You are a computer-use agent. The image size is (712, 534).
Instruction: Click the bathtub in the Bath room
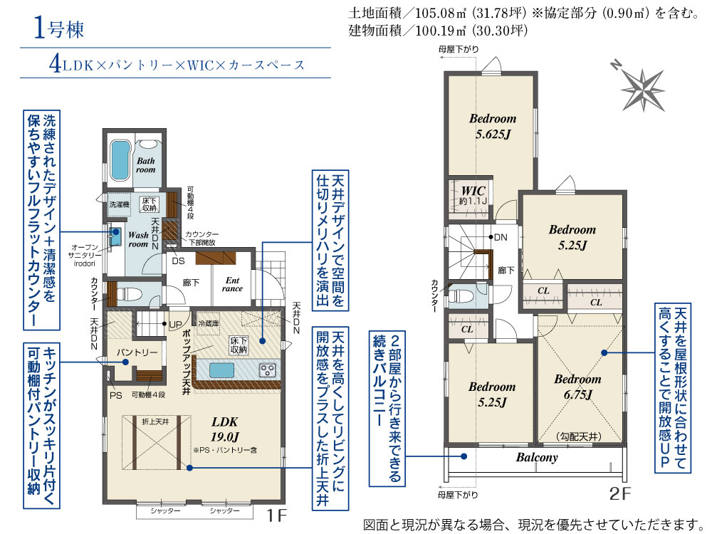(x=120, y=162)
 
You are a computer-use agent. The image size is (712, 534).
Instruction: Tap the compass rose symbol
(x=642, y=90)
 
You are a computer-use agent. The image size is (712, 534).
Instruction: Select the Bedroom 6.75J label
(x=577, y=387)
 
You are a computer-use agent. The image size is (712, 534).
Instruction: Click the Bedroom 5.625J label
(x=493, y=126)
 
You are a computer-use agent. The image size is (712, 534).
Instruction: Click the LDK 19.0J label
(x=225, y=429)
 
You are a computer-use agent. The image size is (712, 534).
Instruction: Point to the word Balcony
(x=537, y=457)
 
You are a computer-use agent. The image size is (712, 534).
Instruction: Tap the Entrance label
(x=232, y=284)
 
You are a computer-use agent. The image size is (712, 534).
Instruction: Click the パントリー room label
(x=137, y=352)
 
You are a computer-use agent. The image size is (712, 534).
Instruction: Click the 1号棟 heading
(x=59, y=29)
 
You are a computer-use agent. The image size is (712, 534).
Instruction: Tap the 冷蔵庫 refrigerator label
(x=209, y=323)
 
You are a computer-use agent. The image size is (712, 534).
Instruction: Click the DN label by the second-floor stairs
(x=501, y=237)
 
